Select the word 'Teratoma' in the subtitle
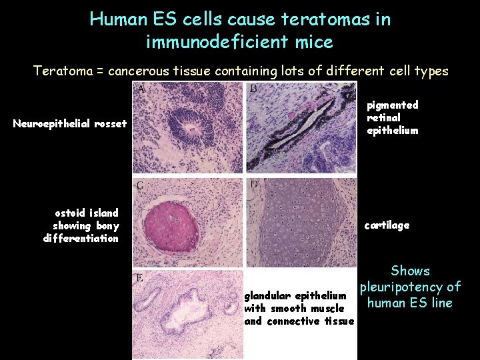tap(61, 71)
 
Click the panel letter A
tap(142, 89)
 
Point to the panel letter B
tap(253, 89)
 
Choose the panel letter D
tap(254, 183)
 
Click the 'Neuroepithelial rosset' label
tap(70, 123)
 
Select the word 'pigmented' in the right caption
tap(393, 105)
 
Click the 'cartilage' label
tap(387, 225)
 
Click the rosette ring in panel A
tap(191, 123)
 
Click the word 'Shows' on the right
tap(410, 271)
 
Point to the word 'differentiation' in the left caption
tap(81, 239)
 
